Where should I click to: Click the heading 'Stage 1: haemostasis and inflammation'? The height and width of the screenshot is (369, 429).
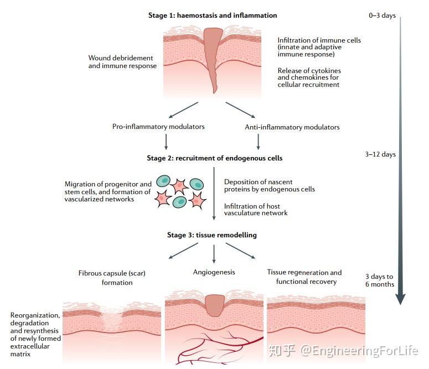[213, 15]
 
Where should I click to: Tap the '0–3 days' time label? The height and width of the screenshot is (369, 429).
[382, 15]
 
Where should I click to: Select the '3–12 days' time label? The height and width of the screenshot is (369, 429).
[380, 154]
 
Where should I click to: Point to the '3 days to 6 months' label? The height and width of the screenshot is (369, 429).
[380, 280]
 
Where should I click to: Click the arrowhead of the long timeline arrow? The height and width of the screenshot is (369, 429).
[401, 299]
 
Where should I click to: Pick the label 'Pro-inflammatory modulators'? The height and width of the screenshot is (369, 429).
[158, 127]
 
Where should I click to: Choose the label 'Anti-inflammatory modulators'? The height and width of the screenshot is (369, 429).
[292, 127]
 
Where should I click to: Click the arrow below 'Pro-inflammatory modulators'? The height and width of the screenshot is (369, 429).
[166, 142]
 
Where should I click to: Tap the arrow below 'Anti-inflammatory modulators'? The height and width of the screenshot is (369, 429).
[258, 142]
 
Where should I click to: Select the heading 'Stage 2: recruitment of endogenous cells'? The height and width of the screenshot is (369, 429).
[215, 158]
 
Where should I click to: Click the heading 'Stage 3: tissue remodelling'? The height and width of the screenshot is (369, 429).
[212, 235]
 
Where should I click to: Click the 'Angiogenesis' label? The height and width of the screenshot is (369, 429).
[214, 272]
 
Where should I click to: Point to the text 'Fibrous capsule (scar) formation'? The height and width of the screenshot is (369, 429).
[112, 278]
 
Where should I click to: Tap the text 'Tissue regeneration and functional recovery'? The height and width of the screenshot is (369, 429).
[304, 277]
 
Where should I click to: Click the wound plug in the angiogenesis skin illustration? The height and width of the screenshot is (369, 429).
[215, 305]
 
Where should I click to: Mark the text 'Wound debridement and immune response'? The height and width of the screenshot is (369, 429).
[122, 62]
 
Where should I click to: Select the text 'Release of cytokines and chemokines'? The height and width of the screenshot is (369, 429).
[309, 74]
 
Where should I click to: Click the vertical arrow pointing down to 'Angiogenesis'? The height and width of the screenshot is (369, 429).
[214, 254]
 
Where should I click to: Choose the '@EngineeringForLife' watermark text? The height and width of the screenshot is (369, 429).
[359, 351]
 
